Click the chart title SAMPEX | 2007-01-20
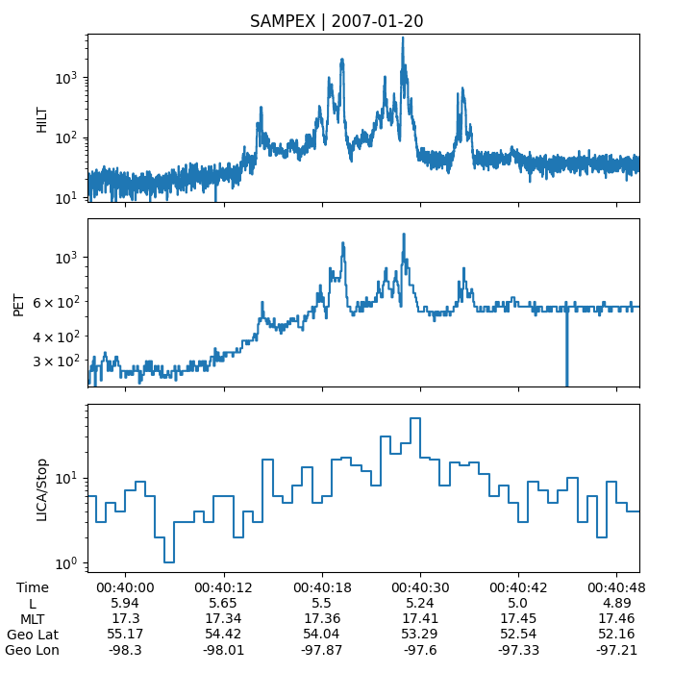[336, 21]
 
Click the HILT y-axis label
[42, 117]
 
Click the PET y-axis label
[18, 303]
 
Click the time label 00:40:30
[420, 587]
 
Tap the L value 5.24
[420, 603]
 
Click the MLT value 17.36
[322, 618]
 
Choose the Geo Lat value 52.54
[519, 635]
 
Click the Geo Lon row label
[27, 650]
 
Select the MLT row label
[33, 618]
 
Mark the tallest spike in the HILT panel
[403, 38]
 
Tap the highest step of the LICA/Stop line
[415, 418]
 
